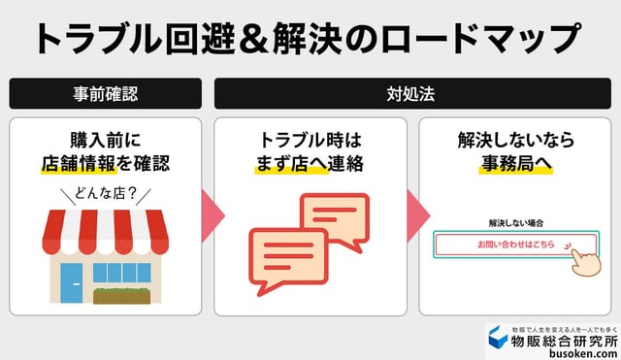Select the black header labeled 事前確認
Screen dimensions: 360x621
[x=105, y=94]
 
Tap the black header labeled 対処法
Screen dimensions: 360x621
[x=412, y=94]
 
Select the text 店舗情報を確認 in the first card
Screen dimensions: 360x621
[x=106, y=164]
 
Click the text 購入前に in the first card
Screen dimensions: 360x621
[x=105, y=140]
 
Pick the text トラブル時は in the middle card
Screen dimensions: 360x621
[x=310, y=140]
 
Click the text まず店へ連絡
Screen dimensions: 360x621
[x=310, y=164]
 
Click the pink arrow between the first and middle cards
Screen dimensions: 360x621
[x=207, y=215]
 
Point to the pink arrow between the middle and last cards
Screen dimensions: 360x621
[x=412, y=215]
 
